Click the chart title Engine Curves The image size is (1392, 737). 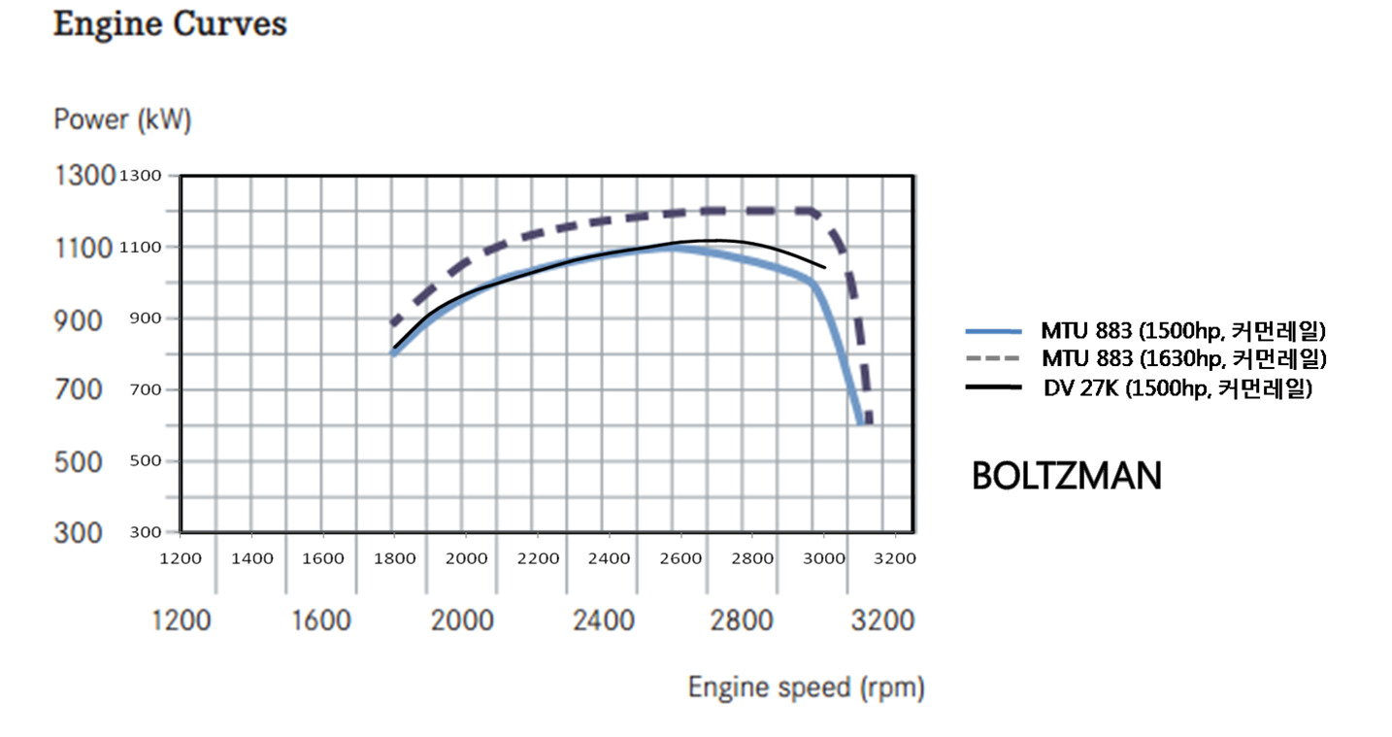(x=170, y=24)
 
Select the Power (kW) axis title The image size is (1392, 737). (x=122, y=120)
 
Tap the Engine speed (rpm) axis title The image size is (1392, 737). (x=806, y=687)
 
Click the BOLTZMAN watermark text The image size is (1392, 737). (x=1066, y=476)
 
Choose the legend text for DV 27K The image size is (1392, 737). (x=1177, y=388)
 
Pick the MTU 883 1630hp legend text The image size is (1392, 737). (x=1183, y=358)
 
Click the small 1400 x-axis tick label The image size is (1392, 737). (x=251, y=558)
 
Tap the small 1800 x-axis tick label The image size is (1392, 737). (x=394, y=558)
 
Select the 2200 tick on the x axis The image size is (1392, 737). (x=538, y=558)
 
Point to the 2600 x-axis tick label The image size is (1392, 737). (x=680, y=558)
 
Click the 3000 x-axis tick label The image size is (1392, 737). (x=823, y=558)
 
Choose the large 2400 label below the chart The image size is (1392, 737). (x=604, y=620)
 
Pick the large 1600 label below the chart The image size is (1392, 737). (x=321, y=620)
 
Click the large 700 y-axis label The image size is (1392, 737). (x=77, y=390)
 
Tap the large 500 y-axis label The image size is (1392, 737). (x=77, y=462)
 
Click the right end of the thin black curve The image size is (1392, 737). (x=824, y=266)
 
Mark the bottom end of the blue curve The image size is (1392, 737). (x=860, y=421)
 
